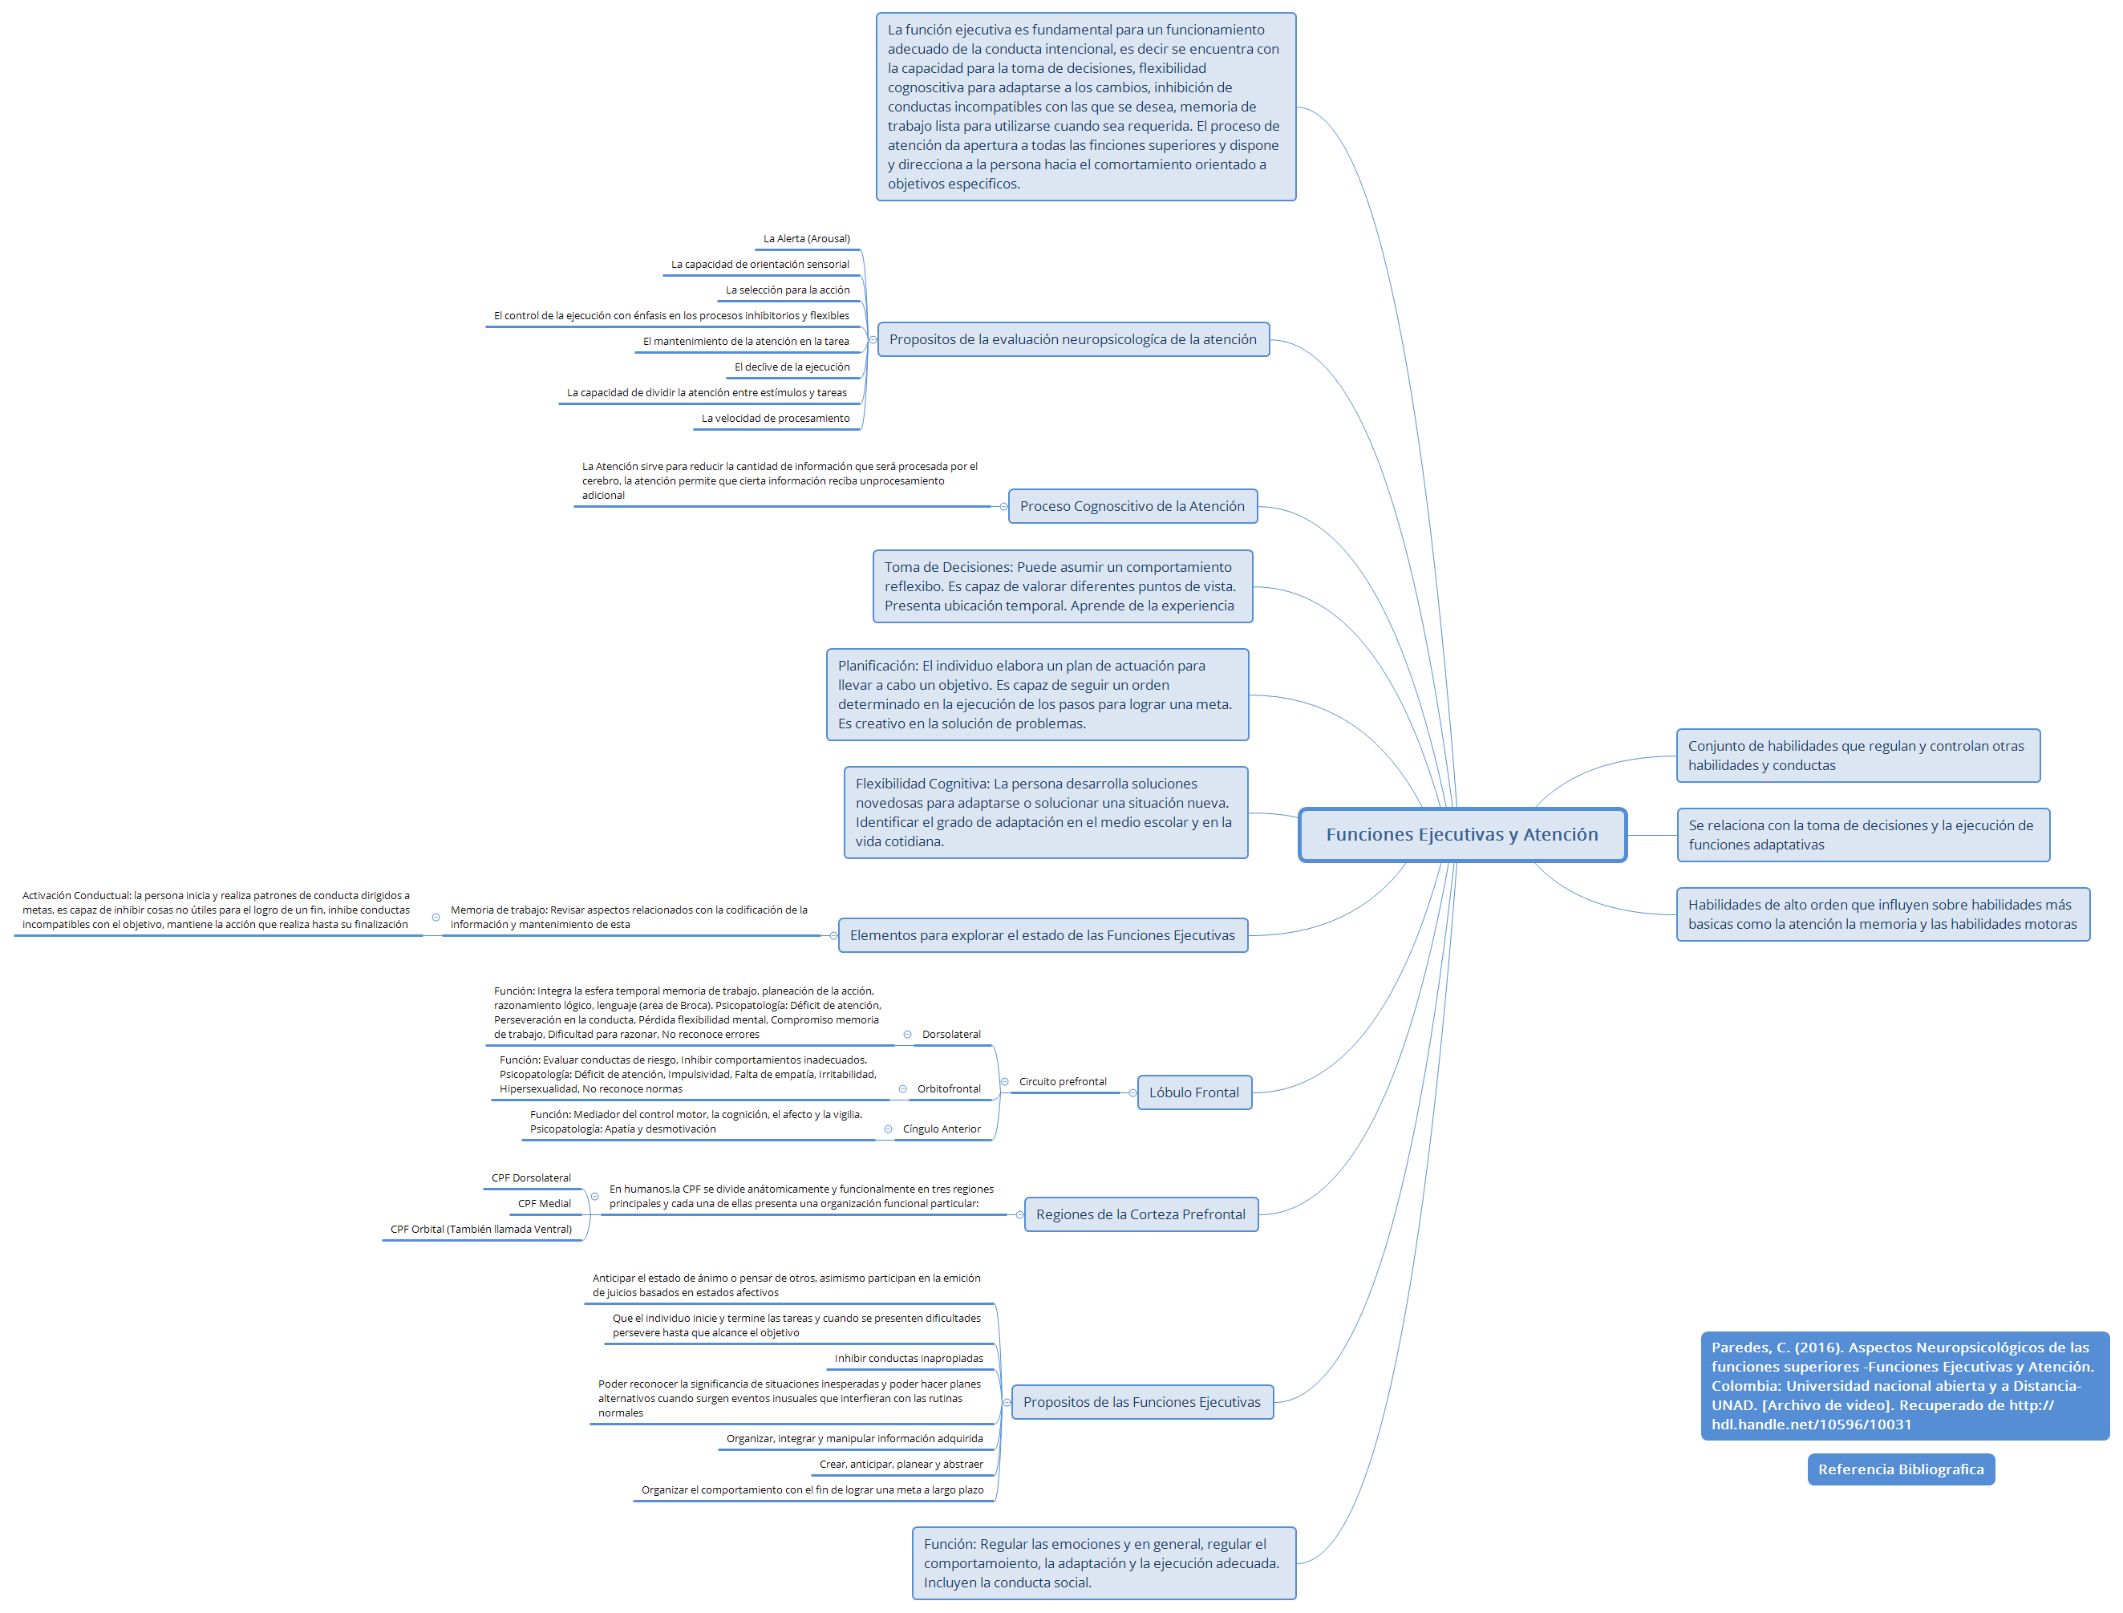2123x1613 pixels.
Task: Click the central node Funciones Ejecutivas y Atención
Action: [1461, 834]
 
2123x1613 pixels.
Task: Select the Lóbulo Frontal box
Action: [1193, 1092]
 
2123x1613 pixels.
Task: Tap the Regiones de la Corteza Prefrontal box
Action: [1141, 1214]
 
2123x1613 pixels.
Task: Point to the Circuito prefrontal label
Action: [1062, 1082]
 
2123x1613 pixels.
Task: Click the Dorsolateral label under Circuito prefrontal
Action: [950, 1035]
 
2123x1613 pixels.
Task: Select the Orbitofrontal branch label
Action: [949, 1088]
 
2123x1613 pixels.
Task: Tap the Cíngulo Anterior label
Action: [941, 1129]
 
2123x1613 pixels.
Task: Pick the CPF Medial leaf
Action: [544, 1204]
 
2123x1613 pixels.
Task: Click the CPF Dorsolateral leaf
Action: [530, 1178]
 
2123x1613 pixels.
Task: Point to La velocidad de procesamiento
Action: [775, 419]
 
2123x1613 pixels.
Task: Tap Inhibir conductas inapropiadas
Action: [909, 1359]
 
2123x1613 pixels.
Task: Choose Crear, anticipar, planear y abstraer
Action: [901, 1464]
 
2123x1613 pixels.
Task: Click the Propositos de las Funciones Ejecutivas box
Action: [1141, 1402]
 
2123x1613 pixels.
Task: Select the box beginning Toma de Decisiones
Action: [1061, 586]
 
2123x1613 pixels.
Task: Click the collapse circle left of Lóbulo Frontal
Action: [1133, 1092]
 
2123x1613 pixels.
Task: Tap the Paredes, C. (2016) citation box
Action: [1903, 1385]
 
